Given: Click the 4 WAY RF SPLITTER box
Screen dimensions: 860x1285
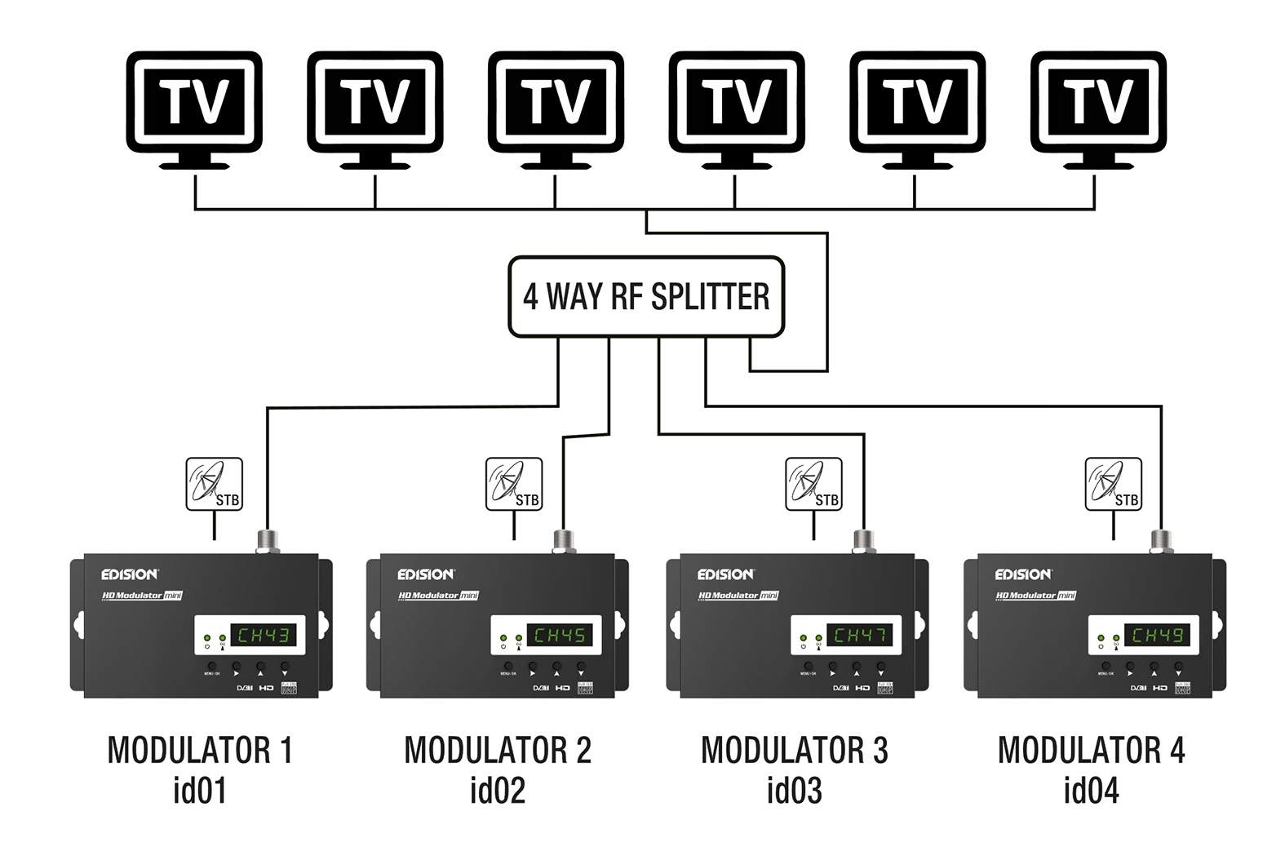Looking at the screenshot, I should pos(645,296).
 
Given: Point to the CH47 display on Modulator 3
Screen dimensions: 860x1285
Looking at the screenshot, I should pos(860,635).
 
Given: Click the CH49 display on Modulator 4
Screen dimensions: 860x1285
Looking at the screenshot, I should pos(1157,635).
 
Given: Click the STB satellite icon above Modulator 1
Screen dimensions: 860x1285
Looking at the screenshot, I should pos(214,484).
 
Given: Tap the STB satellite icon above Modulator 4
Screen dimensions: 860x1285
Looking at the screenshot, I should pos(1113,484).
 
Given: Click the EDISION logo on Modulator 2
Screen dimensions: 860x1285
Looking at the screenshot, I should pos(426,574).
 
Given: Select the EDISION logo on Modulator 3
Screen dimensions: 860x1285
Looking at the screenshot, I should pos(725,574).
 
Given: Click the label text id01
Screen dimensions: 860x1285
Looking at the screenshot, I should pos(199,790).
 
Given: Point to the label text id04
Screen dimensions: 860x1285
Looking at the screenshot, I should pos(1091,790).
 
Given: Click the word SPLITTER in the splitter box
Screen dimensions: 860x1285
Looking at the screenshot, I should pos(710,296).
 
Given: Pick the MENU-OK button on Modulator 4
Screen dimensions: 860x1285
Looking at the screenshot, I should pos(1106,666).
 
